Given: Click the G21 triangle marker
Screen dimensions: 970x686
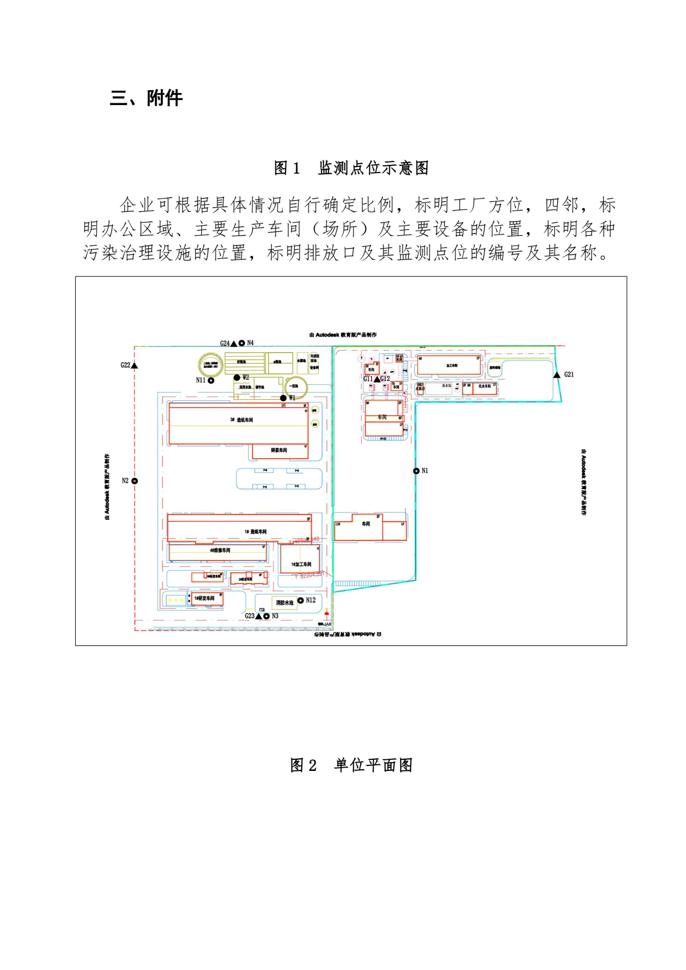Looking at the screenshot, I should [x=557, y=375].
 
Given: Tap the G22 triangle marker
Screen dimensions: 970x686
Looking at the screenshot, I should [x=134, y=366].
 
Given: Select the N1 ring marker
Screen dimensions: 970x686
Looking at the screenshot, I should [x=416, y=471].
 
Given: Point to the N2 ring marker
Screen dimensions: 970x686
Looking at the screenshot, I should [x=134, y=481].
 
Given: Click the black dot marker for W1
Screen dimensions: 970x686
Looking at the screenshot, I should [x=283, y=398].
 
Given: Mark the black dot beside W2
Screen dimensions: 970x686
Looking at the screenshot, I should [x=237, y=378].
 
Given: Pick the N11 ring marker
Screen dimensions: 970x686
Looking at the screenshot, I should [x=211, y=380].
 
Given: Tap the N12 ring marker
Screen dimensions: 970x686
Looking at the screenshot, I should [x=300, y=601].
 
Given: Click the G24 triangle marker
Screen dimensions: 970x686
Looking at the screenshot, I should [x=233, y=343].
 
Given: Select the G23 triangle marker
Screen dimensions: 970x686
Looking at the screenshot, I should [x=258, y=616].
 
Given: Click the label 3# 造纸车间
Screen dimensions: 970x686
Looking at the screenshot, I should [x=241, y=420].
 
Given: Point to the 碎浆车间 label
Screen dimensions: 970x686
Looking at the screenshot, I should [x=279, y=451].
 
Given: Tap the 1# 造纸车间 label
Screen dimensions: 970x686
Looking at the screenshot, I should [x=256, y=532].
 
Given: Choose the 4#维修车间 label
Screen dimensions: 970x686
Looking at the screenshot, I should [x=220, y=551].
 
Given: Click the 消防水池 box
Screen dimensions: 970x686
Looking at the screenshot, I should [x=284, y=603].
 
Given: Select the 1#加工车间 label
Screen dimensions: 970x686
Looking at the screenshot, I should [x=301, y=565].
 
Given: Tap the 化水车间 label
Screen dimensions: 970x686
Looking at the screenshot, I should [x=484, y=387].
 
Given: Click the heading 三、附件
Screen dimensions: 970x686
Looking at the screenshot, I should [x=146, y=98].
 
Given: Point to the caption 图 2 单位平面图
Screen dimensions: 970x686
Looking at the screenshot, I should [x=351, y=765].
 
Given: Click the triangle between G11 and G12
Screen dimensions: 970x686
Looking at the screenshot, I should [x=377, y=379].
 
